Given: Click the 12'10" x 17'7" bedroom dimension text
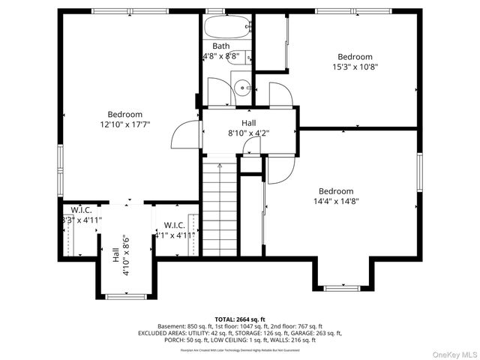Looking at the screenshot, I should point(125,124).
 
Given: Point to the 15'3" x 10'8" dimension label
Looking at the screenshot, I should point(355,67).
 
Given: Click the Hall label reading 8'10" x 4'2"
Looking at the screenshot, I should point(249,133).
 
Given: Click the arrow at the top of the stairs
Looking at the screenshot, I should point(219,163).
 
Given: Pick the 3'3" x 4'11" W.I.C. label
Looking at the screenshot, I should point(82,220).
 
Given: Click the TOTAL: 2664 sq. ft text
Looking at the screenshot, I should point(240,319).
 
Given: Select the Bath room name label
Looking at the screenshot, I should point(220,46).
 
